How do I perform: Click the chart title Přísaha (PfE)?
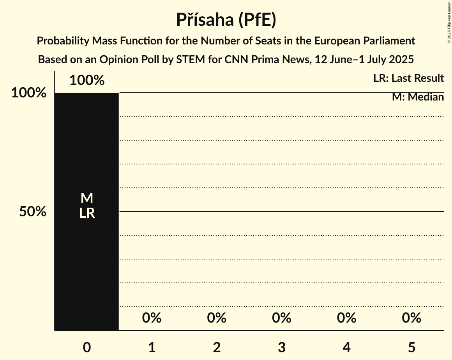pyautogui.click(x=226, y=19)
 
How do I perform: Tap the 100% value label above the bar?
pyautogui.click(x=87, y=81)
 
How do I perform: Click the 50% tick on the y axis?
pyautogui.click(x=33, y=212)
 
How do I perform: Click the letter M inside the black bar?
pyautogui.click(x=87, y=198)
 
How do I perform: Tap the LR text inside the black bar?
pyautogui.click(x=87, y=213)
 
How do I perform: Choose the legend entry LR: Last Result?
pyautogui.click(x=408, y=78)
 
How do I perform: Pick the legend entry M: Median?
pyautogui.click(x=418, y=97)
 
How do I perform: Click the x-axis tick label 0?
pyautogui.click(x=87, y=348)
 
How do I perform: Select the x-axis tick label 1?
pyautogui.click(x=152, y=348)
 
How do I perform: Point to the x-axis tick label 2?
pyautogui.click(x=217, y=348)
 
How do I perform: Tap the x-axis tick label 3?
pyautogui.click(x=282, y=348)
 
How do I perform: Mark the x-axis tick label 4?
pyautogui.click(x=347, y=348)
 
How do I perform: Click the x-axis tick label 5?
pyautogui.click(x=411, y=348)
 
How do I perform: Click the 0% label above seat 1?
pyautogui.click(x=152, y=318)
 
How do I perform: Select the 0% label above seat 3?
pyautogui.click(x=282, y=318)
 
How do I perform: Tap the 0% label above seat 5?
pyautogui.click(x=411, y=318)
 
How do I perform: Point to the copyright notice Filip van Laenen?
pyautogui.click(x=448, y=22)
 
